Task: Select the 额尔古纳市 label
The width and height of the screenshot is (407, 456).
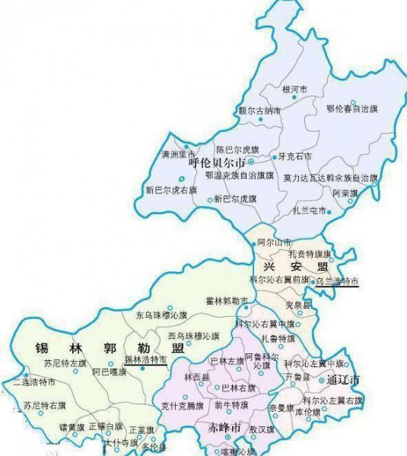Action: click(x=259, y=111)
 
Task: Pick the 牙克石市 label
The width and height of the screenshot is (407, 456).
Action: click(x=295, y=157)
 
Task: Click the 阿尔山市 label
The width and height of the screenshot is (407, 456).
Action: click(x=274, y=242)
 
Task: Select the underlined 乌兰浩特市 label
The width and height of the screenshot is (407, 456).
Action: click(x=336, y=281)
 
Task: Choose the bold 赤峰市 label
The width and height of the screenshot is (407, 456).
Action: click(x=224, y=427)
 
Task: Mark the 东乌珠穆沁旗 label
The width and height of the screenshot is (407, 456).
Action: click(x=161, y=315)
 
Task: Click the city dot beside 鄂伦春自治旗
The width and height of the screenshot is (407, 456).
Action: click(x=353, y=102)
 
